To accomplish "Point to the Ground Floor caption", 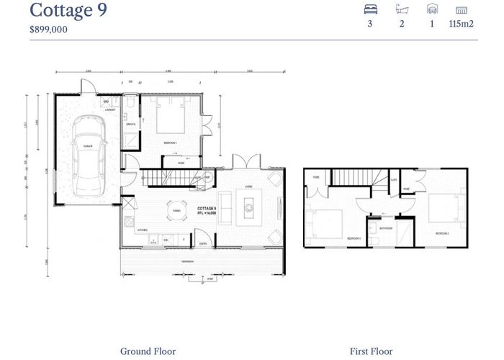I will [x=148, y=351].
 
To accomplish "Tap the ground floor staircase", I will [x=169, y=176].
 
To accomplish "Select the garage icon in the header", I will [x=432, y=9].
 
